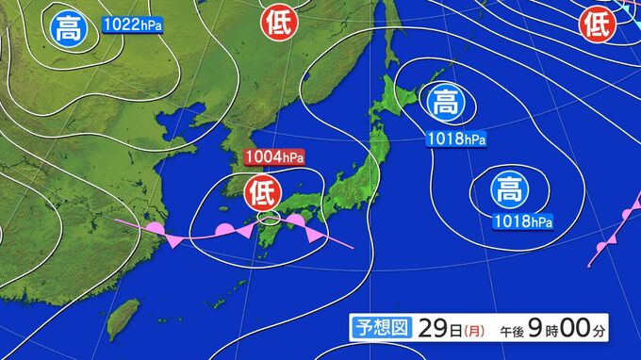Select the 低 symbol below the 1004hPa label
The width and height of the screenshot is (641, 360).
click(261, 193)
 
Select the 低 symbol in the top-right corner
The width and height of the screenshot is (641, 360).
click(597, 24)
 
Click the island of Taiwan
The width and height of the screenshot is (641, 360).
click(123, 318)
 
